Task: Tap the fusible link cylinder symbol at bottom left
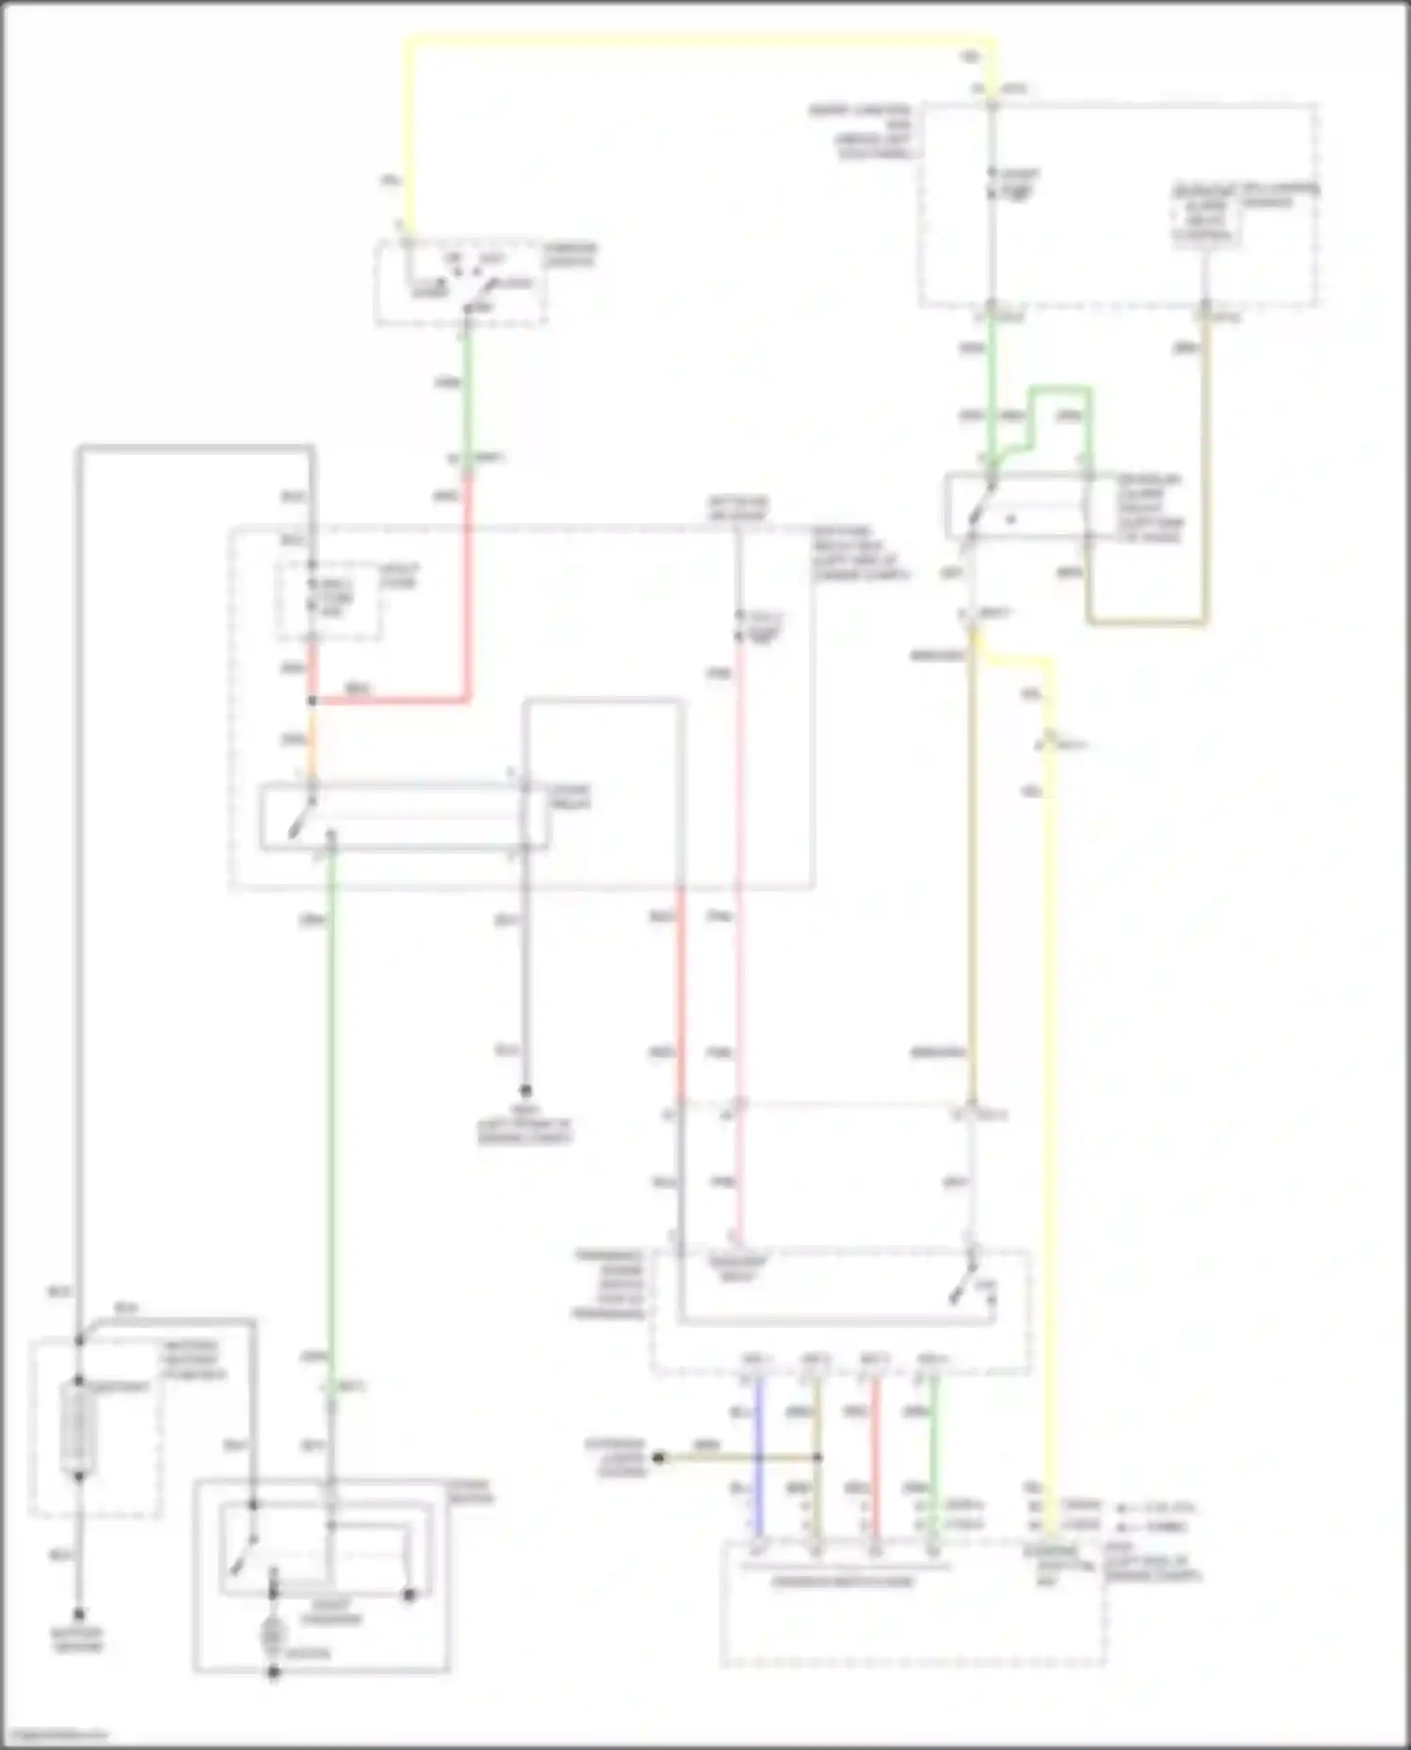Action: click(77, 1427)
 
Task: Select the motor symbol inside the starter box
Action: click(273, 1635)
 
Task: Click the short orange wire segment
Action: click(312, 743)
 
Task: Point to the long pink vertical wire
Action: click(740, 940)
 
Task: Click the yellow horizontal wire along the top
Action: click(696, 39)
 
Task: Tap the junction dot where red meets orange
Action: click(312, 702)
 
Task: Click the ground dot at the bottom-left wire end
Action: click(79, 1614)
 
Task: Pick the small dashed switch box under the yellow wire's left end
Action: click(461, 283)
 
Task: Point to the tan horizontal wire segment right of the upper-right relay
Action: click(1148, 622)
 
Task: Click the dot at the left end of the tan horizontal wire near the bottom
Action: click(659, 1458)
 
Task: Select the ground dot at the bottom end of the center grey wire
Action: click(526, 1090)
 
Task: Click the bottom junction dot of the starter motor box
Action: click(274, 1673)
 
